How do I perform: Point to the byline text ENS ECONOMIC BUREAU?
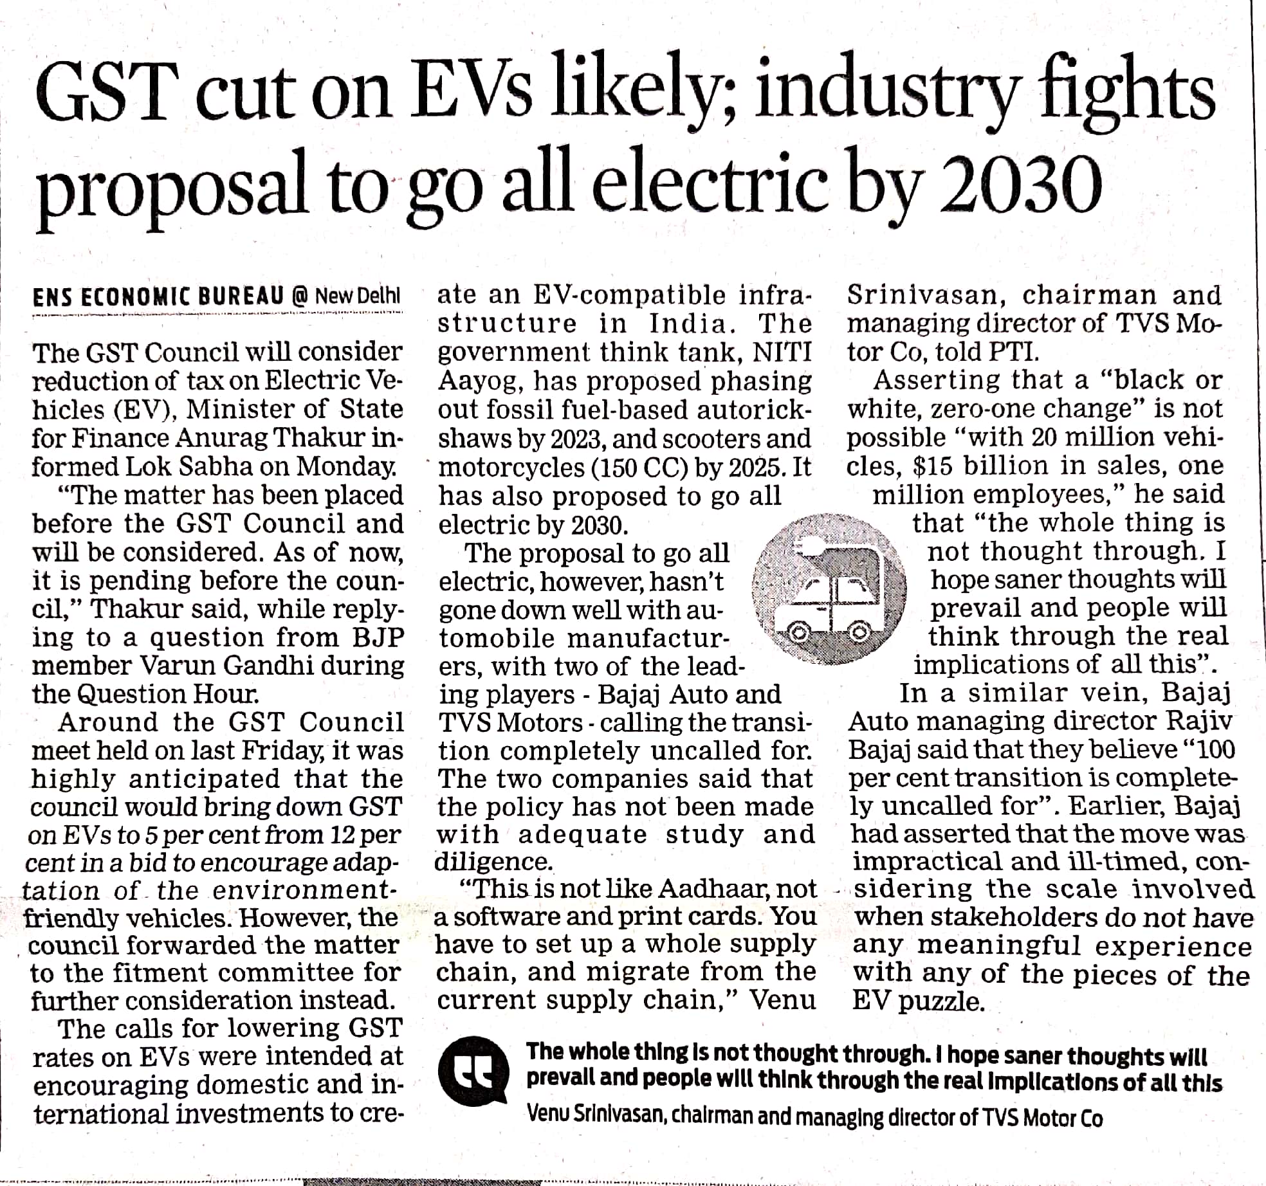click(x=158, y=296)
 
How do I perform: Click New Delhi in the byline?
click(x=358, y=296)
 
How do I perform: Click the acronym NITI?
click(x=782, y=352)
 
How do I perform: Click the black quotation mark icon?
click(x=473, y=1071)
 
